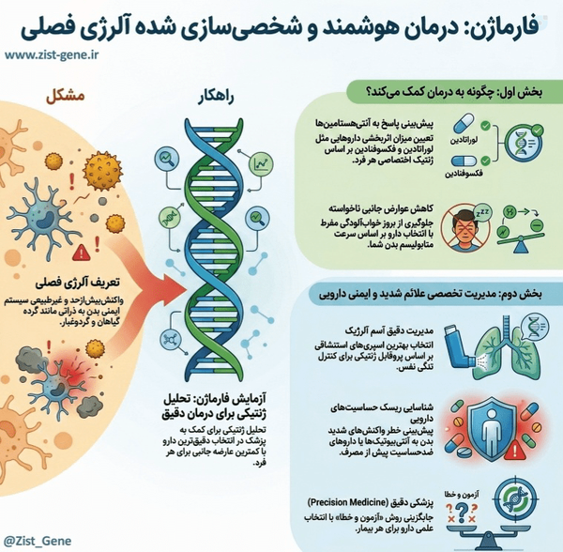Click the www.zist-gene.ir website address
52,55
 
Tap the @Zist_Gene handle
38,541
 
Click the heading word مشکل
66,97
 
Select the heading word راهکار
216,98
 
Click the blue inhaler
459,346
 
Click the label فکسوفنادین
464,174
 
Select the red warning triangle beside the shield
514,451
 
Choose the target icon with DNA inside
515,499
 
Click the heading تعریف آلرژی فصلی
78,283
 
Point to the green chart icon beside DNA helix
261,164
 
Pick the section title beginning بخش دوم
431,294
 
